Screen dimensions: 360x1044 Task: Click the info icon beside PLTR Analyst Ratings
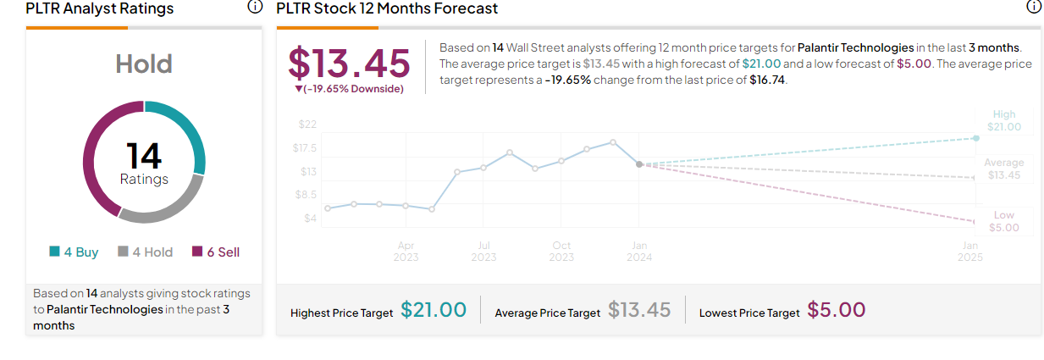tap(255, 8)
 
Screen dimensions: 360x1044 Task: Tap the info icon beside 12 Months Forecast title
tap(1033, 8)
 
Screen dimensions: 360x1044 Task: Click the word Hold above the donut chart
tap(144, 64)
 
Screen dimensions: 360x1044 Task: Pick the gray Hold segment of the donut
tap(166, 204)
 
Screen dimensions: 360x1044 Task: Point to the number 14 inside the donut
tap(144, 156)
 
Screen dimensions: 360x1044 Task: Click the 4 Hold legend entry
tap(145, 252)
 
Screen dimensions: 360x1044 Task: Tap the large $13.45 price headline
tap(349, 63)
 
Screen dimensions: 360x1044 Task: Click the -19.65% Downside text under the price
tap(349, 89)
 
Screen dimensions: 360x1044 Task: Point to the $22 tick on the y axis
tap(307, 125)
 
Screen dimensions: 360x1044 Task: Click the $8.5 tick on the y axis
tap(307, 195)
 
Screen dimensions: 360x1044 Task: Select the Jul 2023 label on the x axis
tap(483, 251)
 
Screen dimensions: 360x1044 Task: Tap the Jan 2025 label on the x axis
tap(969, 251)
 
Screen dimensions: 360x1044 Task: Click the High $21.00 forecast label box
tap(1004, 120)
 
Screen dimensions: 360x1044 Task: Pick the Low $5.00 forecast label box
tap(1004, 221)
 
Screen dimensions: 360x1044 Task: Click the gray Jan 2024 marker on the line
tap(639, 164)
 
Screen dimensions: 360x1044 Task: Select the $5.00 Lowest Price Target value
tap(837, 310)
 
